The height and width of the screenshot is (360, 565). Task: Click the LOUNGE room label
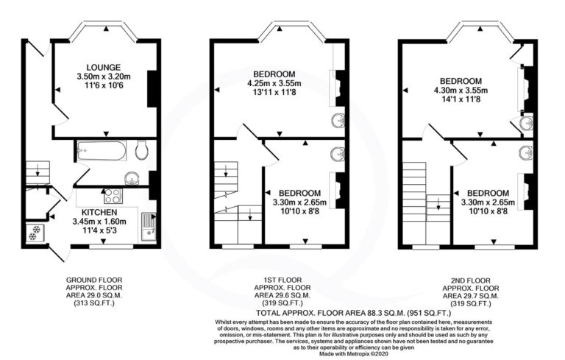tap(104, 68)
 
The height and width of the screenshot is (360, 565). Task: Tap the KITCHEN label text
tap(99, 213)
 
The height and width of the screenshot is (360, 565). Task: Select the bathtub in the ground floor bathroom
tap(102, 150)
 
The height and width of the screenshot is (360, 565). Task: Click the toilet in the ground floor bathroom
tap(142, 149)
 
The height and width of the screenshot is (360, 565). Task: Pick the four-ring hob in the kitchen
tap(113, 197)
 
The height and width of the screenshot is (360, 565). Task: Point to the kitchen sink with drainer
tap(149, 227)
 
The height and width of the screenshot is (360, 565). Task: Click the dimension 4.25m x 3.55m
tap(274, 84)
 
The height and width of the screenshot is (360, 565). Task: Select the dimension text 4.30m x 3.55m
tap(461, 90)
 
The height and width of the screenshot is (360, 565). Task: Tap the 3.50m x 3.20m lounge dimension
tap(104, 77)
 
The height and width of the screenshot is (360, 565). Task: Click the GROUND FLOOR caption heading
tap(94, 280)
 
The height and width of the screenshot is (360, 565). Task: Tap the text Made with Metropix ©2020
tap(353, 354)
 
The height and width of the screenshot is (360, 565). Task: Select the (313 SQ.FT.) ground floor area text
tap(94, 303)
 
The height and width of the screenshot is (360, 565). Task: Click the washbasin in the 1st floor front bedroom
tap(338, 120)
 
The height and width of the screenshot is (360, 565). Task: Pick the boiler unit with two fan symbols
tap(35, 233)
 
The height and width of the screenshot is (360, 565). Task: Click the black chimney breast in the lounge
tap(152, 89)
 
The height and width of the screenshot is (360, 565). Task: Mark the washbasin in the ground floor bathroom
tap(132, 178)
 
